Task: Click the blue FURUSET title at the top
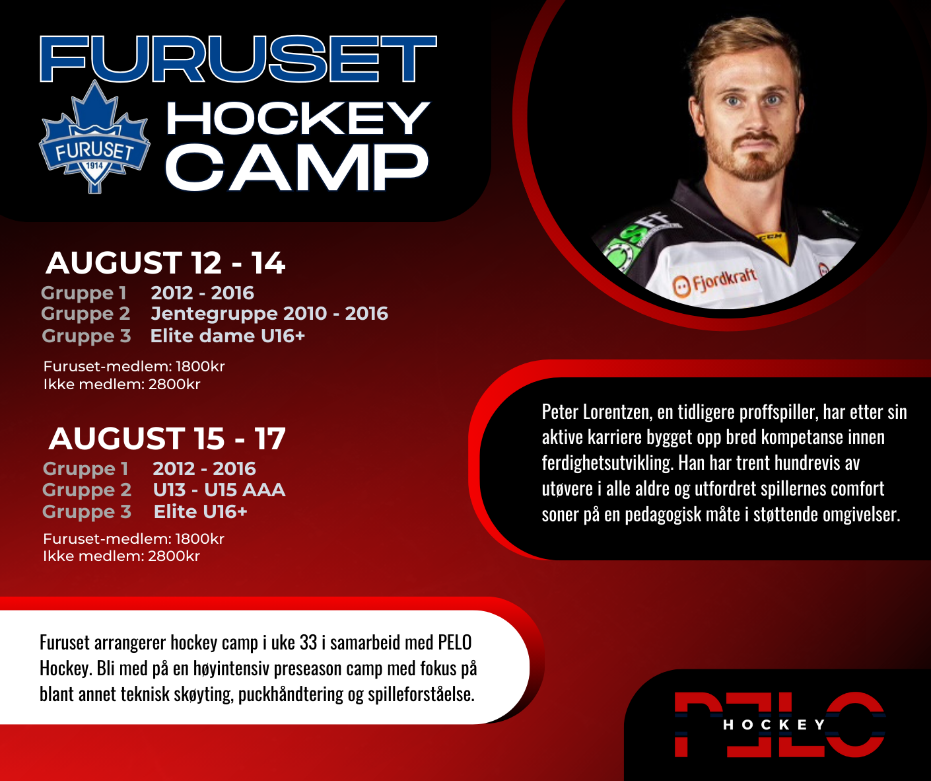tap(238, 59)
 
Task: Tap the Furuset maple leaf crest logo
tap(94, 137)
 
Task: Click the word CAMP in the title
tap(297, 168)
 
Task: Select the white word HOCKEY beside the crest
tap(298, 118)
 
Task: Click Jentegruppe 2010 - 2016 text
tap(269, 313)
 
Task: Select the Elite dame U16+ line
tap(227, 336)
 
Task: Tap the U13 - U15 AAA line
tap(219, 490)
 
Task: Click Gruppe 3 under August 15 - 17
tap(87, 512)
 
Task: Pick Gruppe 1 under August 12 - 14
tap(84, 293)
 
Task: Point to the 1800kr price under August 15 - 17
tap(200, 539)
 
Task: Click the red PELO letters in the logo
tap(780, 724)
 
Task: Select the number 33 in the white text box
tap(308, 643)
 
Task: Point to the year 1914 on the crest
tap(94, 166)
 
